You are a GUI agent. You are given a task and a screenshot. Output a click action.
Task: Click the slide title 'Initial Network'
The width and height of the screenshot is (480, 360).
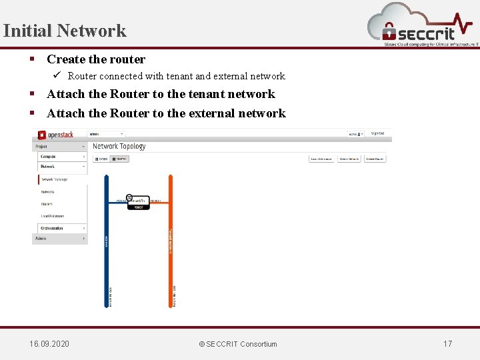64,31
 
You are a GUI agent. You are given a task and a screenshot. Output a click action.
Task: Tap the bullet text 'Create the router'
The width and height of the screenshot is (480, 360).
96,59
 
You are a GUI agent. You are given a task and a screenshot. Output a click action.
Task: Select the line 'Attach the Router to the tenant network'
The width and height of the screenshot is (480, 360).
161,94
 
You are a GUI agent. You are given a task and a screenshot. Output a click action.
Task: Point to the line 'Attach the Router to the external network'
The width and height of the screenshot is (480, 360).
166,113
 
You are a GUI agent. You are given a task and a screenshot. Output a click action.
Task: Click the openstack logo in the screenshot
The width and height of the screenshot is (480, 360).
56,135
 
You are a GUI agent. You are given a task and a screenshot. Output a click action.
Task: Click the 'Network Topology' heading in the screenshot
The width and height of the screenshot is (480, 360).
119,146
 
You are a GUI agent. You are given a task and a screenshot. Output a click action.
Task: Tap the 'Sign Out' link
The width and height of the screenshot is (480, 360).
377,133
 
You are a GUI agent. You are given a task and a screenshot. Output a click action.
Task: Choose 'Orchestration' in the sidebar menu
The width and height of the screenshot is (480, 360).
53,228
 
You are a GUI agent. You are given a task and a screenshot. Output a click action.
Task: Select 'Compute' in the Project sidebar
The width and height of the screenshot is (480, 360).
48,157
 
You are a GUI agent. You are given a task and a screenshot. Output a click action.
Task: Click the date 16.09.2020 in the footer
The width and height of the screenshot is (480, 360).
49,344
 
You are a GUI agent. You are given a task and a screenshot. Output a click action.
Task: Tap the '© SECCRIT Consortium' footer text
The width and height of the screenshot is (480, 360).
238,344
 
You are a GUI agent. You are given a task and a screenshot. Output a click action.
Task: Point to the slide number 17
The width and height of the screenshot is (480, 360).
447,344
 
